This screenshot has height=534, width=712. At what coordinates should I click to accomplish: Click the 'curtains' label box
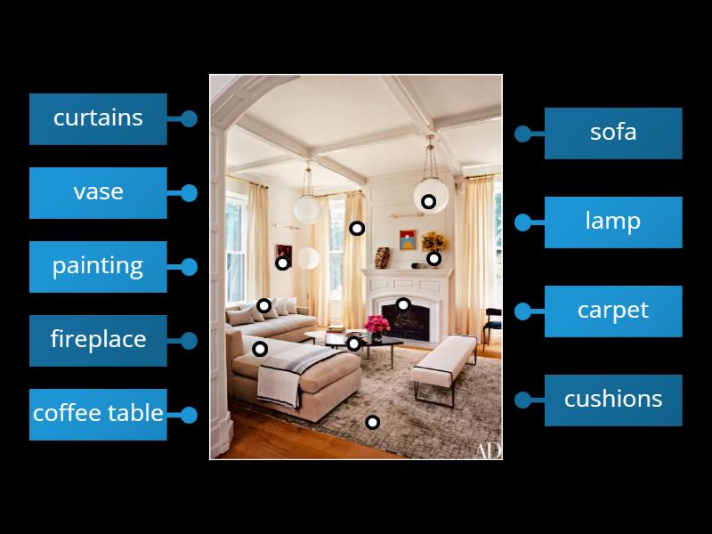[x=98, y=118]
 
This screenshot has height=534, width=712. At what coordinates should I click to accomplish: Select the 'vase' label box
[x=98, y=192]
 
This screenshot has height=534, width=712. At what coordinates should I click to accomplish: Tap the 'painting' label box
[x=98, y=266]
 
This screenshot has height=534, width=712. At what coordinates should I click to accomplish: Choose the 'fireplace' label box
[x=98, y=340]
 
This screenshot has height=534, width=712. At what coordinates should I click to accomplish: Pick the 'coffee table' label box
[x=98, y=414]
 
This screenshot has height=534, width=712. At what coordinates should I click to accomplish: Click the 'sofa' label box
[x=613, y=133]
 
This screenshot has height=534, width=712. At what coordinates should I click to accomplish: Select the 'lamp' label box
[x=613, y=222]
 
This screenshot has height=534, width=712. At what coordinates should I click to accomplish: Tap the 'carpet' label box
[x=613, y=311]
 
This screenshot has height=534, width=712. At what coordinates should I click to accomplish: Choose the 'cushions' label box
[x=613, y=400]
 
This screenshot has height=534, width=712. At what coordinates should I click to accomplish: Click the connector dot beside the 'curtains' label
[x=189, y=118]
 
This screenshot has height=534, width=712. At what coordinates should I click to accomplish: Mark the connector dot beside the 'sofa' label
[x=522, y=133]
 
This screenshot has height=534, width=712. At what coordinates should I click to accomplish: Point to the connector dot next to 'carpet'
[x=522, y=311]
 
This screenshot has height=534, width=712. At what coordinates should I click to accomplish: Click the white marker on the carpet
[x=373, y=422]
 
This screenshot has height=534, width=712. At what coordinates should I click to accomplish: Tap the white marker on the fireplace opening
[x=403, y=304]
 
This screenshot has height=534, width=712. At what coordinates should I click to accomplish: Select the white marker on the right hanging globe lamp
[x=428, y=202]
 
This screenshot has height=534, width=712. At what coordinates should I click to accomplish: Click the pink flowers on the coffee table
[x=378, y=324]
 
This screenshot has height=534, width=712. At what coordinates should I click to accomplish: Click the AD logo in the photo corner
[x=487, y=450]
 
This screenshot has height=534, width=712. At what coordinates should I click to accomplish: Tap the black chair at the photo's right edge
[x=492, y=324]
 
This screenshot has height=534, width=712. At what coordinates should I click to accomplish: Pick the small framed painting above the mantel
[x=407, y=239]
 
